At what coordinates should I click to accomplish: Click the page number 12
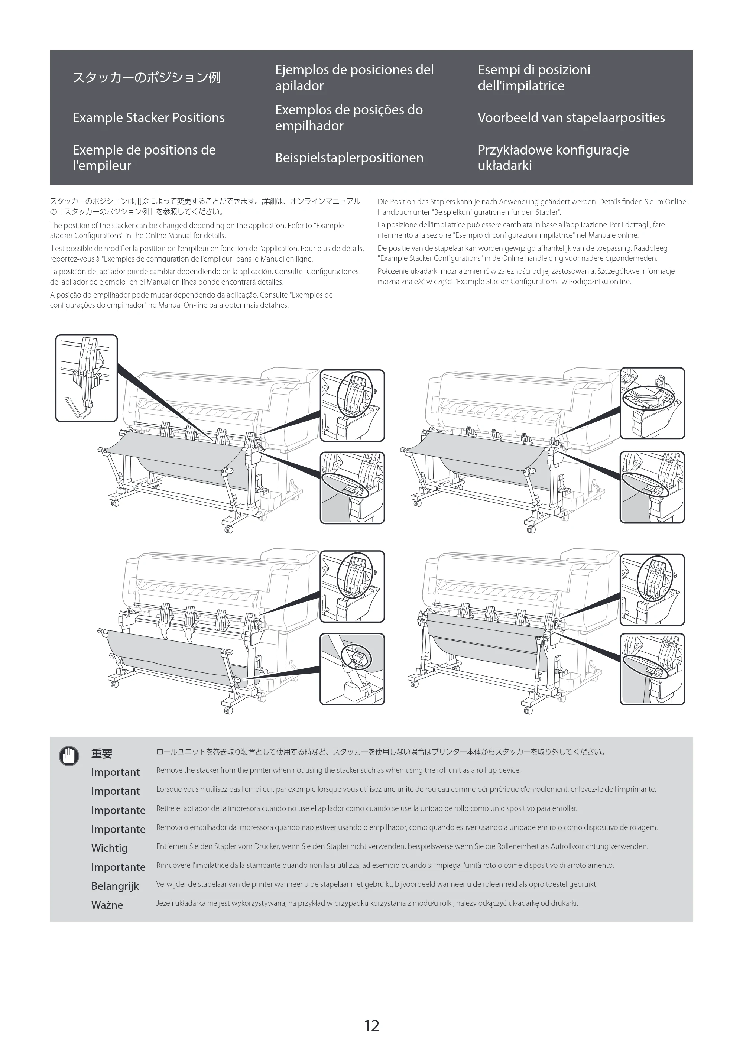point(371,1025)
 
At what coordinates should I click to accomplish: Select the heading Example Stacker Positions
point(148,118)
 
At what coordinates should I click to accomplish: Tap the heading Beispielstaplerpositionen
point(349,158)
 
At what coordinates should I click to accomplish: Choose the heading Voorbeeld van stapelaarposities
point(571,118)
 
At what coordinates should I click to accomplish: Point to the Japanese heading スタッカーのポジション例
point(146,78)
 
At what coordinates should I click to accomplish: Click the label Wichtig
point(110,848)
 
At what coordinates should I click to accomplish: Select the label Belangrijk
point(115,886)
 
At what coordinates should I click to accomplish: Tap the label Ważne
point(107,905)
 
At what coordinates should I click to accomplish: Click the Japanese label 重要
point(102,753)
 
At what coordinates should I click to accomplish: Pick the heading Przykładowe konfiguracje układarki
point(553,158)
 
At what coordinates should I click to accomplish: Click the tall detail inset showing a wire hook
point(87,378)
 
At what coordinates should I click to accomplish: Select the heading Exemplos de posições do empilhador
point(349,118)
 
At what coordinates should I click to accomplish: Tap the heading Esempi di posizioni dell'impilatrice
point(534,78)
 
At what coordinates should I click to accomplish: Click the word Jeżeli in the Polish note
point(166,904)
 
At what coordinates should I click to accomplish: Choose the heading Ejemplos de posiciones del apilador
point(354,78)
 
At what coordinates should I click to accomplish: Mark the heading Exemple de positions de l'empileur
point(144,158)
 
